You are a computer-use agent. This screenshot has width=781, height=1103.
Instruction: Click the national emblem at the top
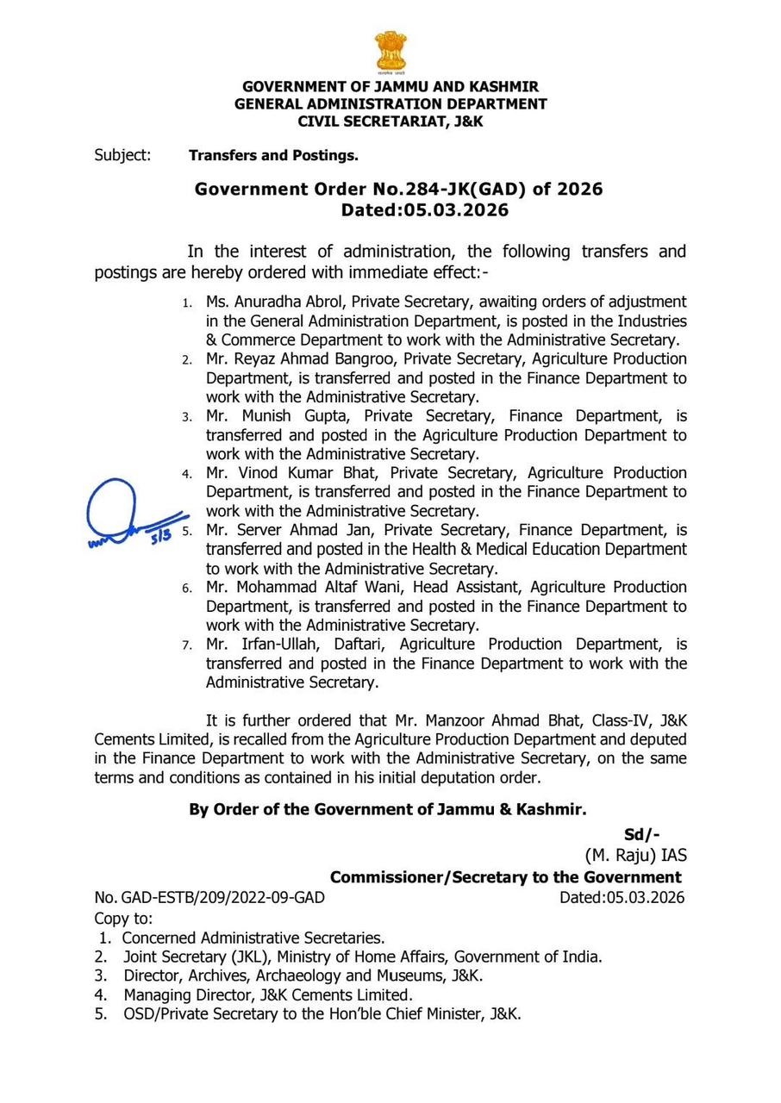click(x=390, y=52)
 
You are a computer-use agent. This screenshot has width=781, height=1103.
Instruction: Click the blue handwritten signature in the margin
click(x=129, y=517)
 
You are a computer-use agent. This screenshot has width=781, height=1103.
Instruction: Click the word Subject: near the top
click(x=122, y=156)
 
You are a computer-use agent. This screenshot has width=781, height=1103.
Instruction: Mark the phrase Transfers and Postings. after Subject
click(x=273, y=156)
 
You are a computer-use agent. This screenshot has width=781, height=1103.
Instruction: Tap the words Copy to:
click(x=123, y=918)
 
